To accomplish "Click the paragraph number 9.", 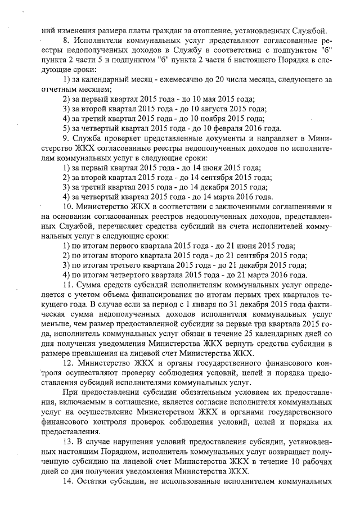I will pyautogui.click(x=66, y=138).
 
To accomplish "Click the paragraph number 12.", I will pyautogui.click(x=68, y=364).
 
